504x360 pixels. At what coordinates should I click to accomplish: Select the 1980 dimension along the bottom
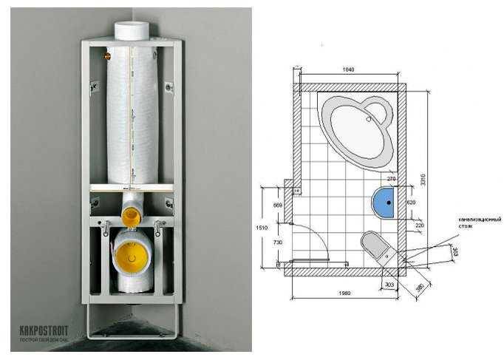tap(345, 293)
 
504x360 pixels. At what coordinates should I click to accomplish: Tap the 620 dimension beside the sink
tap(412, 201)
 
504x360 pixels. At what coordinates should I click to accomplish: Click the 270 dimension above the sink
tap(392, 179)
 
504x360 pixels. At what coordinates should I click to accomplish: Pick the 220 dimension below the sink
tap(419, 225)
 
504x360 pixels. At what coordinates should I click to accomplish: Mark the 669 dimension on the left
tap(279, 204)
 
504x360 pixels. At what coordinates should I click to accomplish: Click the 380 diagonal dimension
tap(420, 285)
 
